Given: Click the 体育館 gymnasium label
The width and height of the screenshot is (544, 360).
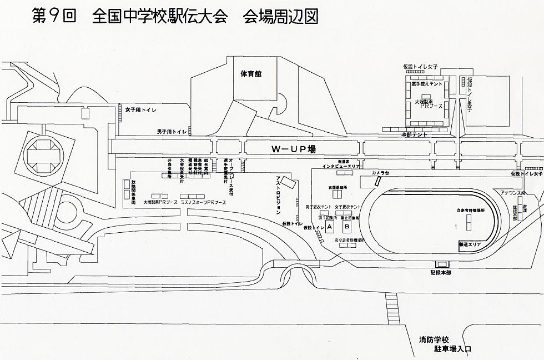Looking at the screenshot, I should click(251, 73).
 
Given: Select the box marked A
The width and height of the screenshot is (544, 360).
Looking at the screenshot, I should click(329, 227).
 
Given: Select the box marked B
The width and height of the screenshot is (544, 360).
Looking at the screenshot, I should click(346, 227).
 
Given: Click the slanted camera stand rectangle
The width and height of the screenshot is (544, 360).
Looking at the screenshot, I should click(378, 181).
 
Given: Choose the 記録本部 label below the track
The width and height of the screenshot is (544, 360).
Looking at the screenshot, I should click(440, 272).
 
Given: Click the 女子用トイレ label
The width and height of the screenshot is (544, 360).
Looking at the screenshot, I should click(140, 110).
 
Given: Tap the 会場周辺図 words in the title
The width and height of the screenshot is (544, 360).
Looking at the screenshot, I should click(280, 16).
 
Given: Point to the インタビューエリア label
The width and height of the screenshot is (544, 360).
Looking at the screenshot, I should click(341, 166).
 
